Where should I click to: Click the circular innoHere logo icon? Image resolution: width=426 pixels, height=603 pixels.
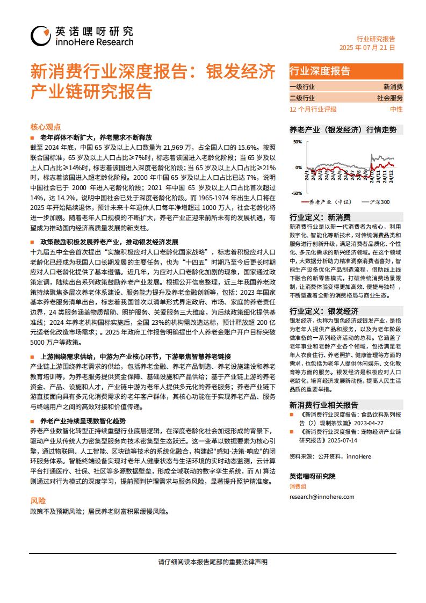click(x=41, y=36)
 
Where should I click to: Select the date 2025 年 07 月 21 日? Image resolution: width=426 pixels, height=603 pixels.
click(x=367, y=48)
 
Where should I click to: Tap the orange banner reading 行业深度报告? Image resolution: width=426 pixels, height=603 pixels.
click(x=320, y=71)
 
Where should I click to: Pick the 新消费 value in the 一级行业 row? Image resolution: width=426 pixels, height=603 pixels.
click(x=393, y=86)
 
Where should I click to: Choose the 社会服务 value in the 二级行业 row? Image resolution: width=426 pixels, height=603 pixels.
click(x=389, y=98)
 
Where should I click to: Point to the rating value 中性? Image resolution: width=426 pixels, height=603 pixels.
click(x=396, y=109)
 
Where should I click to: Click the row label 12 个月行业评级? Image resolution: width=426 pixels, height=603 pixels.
click(x=313, y=109)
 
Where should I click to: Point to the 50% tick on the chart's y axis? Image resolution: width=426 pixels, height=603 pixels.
click(x=297, y=142)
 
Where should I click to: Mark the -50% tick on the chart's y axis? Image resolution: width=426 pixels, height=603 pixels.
click(x=297, y=193)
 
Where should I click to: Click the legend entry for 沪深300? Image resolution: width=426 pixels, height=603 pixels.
click(x=379, y=202)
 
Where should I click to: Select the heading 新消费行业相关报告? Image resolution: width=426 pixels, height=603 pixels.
click(x=324, y=405)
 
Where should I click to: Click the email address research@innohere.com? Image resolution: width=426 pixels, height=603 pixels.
click(x=322, y=497)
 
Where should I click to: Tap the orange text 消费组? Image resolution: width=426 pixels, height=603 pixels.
click(x=298, y=486)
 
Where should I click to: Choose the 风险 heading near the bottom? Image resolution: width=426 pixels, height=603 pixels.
click(x=38, y=500)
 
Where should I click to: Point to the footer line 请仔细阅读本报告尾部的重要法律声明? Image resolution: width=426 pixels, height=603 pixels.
click(x=213, y=562)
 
